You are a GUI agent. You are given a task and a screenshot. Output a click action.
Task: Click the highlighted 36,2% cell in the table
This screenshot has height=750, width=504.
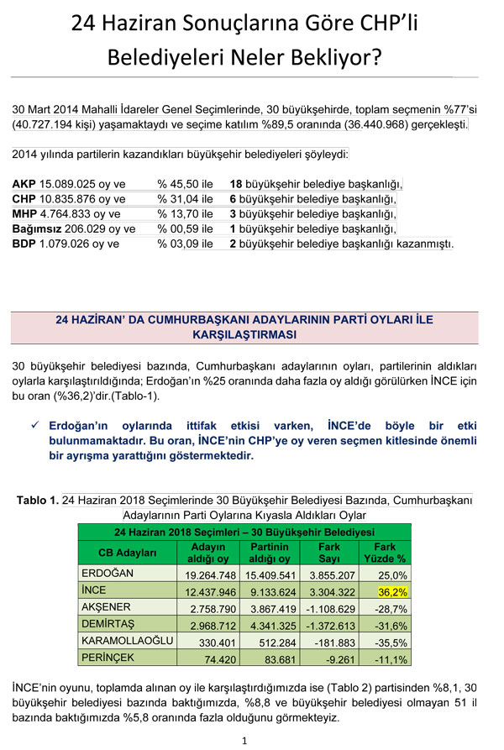(391, 590)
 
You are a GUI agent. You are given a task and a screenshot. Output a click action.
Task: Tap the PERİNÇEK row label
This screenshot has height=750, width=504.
(107, 659)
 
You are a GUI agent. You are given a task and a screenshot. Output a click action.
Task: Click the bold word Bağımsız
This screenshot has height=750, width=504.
(39, 228)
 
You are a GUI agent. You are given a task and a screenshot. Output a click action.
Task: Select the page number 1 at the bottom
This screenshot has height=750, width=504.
(244, 740)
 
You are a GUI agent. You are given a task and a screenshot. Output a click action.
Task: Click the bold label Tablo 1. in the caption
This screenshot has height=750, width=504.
(38, 501)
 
